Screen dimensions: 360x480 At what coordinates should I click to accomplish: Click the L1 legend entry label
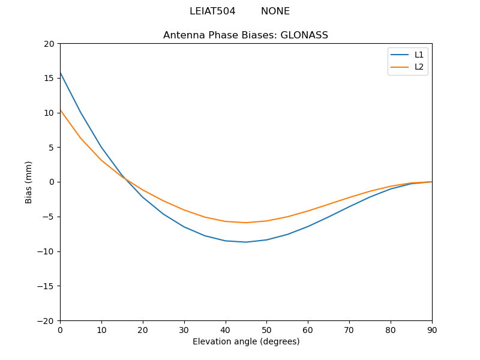click(x=419, y=55)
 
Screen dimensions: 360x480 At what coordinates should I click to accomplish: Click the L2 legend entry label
click(x=419, y=67)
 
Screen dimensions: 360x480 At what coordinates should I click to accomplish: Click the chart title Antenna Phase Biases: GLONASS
click(x=245, y=35)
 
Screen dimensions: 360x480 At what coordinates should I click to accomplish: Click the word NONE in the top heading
click(x=275, y=11)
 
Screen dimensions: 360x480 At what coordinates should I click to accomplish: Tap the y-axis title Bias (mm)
click(x=29, y=182)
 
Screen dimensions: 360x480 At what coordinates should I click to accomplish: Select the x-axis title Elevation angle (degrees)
click(x=245, y=341)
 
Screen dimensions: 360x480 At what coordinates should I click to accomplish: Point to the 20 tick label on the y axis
click(x=49, y=44)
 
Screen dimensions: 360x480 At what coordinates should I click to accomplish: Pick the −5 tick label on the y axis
click(x=47, y=217)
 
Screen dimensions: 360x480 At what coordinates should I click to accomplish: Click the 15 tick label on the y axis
click(x=49, y=78)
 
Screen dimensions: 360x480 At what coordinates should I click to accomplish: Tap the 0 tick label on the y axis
click(x=52, y=182)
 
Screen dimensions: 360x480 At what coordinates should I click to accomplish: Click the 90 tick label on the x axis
click(x=431, y=329)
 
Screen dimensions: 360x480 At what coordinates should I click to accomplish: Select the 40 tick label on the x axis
click(x=225, y=329)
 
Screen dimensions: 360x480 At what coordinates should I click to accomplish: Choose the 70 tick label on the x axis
click(x=349, y=329)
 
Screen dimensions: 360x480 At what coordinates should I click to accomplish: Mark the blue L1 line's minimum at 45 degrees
click(x=246, y=242)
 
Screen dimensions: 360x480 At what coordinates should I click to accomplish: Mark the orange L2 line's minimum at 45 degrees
click(x=246, y=223)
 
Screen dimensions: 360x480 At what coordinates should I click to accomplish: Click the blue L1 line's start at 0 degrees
click(x=61, y=73)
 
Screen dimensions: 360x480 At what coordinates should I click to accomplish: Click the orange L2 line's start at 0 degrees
click(x=61, y=110)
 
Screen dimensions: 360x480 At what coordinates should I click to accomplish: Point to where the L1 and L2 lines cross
click(x=125, y=178)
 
